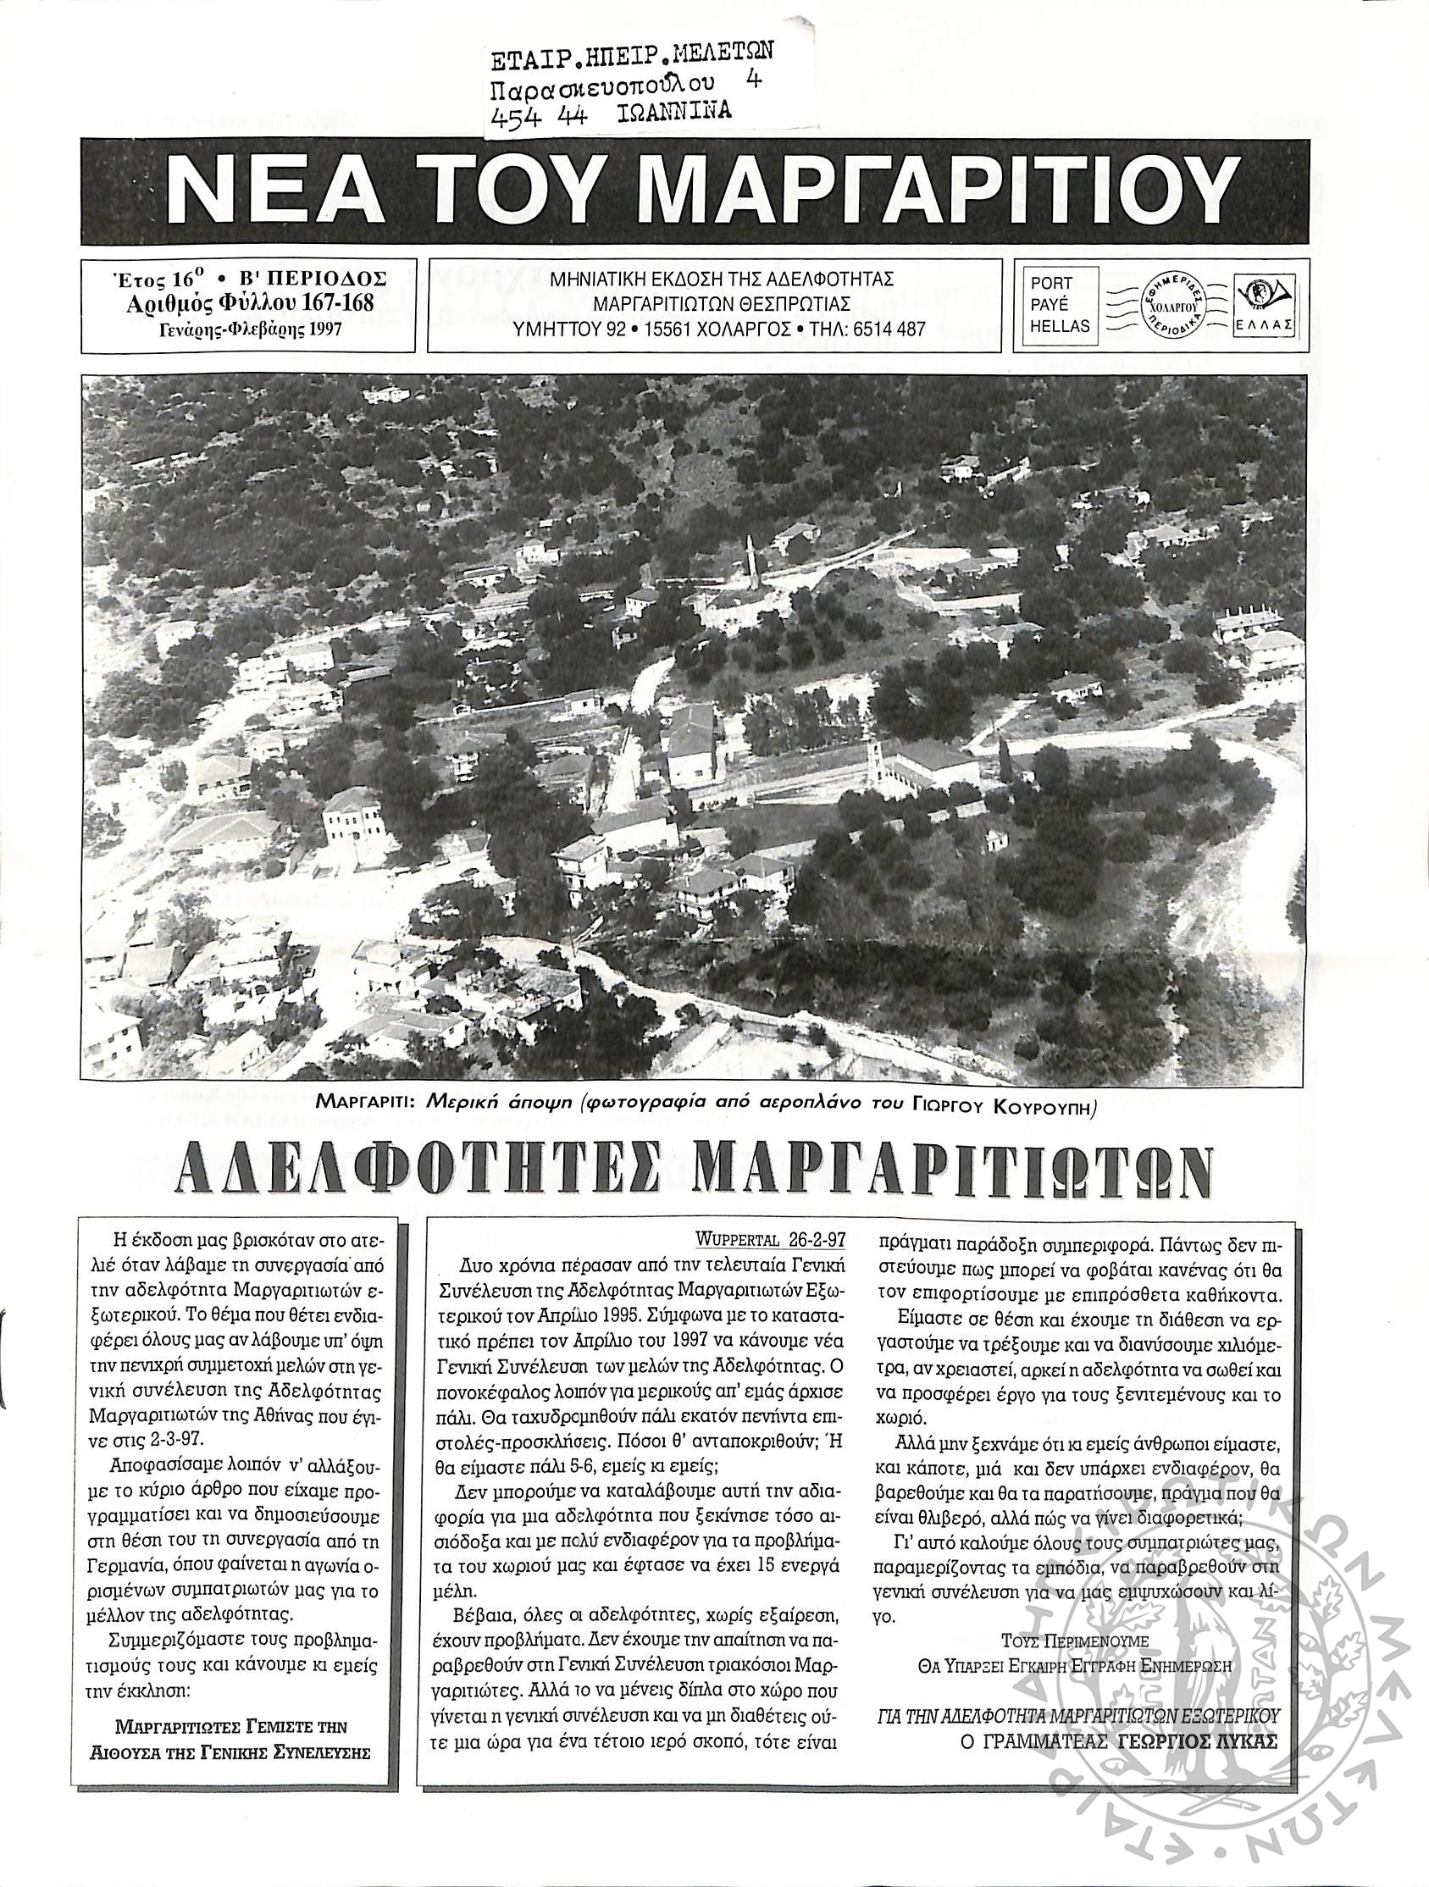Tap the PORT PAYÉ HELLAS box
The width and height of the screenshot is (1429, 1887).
(x=1059, y=305)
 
